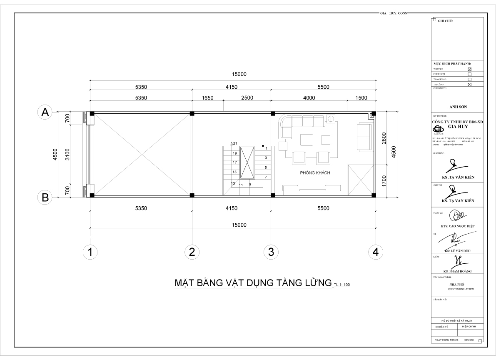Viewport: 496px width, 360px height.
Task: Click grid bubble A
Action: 45,112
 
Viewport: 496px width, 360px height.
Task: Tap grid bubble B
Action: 45,198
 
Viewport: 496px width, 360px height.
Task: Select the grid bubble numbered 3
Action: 271,252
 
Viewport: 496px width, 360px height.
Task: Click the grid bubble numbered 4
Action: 376,252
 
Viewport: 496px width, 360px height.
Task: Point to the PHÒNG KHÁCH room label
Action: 315,173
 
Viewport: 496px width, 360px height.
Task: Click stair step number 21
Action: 235,144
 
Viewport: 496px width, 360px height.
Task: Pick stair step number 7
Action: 266,177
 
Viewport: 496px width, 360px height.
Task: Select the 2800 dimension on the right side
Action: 384,137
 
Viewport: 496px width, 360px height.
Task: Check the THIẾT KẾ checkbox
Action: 470,69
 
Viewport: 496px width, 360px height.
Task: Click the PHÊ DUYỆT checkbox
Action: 470,74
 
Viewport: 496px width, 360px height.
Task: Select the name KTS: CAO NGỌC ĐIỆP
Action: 457,226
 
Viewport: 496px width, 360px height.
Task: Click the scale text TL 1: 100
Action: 341,285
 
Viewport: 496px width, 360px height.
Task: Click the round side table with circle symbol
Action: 331,119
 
